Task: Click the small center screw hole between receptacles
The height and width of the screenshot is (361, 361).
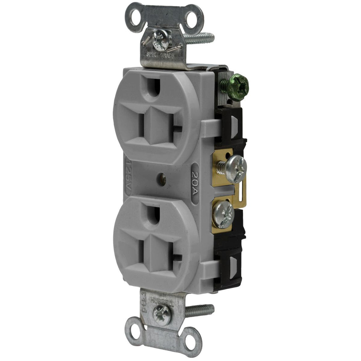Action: click(163, 178)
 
